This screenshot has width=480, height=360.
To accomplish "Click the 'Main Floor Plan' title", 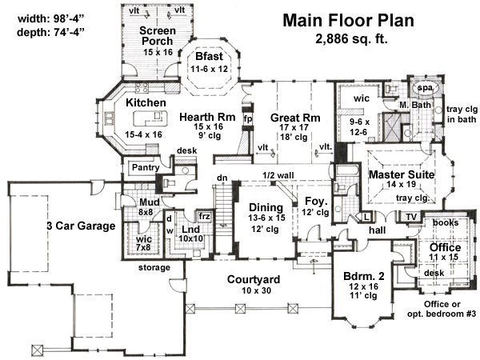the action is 348,21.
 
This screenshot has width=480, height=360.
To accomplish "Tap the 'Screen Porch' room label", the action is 158,35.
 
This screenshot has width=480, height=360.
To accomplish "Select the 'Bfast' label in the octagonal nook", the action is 209,56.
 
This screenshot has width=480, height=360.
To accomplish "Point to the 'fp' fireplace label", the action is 248,118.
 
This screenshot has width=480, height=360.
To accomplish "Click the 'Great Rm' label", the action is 295,118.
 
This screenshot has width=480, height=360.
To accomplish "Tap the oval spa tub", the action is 426,88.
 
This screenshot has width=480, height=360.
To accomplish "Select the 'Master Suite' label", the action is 402,174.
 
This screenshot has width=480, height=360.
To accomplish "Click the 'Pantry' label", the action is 146,167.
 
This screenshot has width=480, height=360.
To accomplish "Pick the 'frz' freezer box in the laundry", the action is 205,217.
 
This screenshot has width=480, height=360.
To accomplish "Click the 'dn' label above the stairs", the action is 222,178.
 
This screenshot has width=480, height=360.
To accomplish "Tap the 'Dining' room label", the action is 266,207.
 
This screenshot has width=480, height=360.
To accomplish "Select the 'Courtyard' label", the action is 254,279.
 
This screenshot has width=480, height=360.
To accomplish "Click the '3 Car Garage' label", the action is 81,226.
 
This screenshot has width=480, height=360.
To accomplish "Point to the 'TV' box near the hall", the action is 411,217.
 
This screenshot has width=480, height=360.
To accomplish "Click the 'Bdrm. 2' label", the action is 364,276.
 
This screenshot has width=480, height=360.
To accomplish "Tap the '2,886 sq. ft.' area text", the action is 351,38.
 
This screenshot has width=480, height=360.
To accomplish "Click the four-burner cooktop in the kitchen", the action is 142,87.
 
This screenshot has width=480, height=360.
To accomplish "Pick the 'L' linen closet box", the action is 366,217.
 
